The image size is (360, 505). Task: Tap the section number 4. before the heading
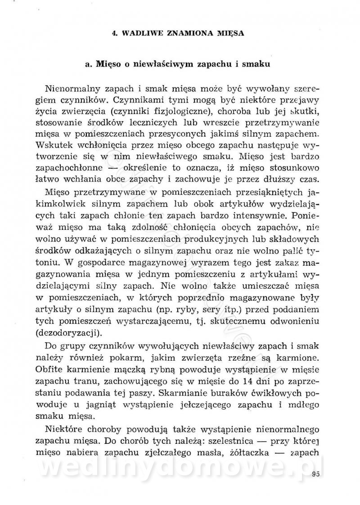pyautogui.click(x=115, y=33)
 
